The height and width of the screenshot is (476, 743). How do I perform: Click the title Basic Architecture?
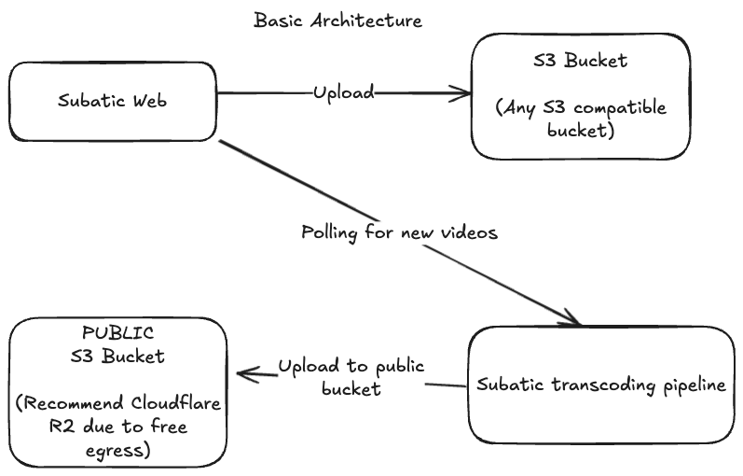coord(337,21)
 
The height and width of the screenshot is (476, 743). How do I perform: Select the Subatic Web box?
coord(113,102)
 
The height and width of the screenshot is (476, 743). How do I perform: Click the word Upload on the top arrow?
coord(344,92)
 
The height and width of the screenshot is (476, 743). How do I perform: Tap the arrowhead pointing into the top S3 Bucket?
coord(460,93)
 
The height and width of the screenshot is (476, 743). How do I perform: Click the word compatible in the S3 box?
coord(620,108)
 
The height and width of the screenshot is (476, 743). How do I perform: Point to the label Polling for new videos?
coord(399,232)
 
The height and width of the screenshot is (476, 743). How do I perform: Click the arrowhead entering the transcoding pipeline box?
coord(570,317)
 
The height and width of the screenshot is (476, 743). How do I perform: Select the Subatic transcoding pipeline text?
coord(601,385)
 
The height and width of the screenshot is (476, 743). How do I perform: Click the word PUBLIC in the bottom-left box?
coord(118,332)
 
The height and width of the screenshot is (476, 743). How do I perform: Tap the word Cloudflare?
coord(176,402)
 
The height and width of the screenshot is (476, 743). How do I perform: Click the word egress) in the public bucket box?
coord(118,450)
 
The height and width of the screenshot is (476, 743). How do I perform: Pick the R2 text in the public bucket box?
coord(62,426)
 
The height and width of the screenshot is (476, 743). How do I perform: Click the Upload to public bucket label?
coord(351,377)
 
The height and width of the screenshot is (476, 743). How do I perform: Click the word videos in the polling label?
coord(469,232)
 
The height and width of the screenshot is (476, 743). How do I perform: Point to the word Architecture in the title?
coord(366,21)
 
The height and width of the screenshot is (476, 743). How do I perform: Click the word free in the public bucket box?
coord(169,426)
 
